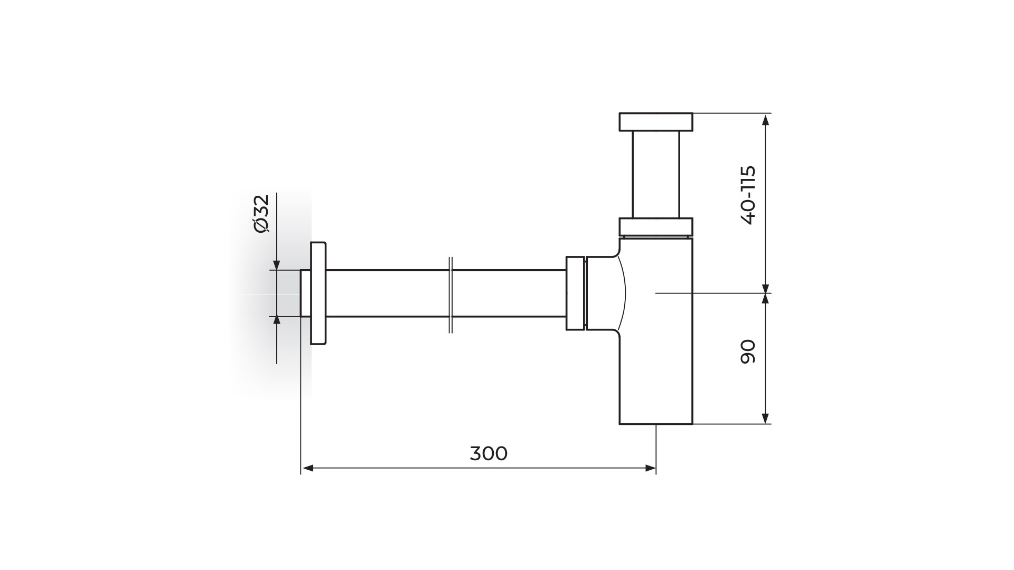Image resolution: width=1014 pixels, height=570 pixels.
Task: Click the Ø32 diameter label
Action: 261,213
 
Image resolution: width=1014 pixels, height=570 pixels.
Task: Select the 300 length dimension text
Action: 489,453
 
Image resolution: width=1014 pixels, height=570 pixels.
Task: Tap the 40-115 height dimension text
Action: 748,195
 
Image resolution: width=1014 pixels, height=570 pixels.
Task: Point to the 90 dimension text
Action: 748,351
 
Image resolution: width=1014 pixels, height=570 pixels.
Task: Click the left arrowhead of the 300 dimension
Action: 307,468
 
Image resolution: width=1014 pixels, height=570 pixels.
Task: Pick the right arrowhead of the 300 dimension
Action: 650,468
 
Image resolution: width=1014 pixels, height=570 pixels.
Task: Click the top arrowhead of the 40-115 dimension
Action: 766,119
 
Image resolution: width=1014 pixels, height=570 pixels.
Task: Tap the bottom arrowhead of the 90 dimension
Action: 766,417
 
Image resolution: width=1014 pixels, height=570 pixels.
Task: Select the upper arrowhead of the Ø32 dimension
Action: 276,264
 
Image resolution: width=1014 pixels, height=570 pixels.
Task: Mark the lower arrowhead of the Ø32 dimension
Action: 276,322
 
